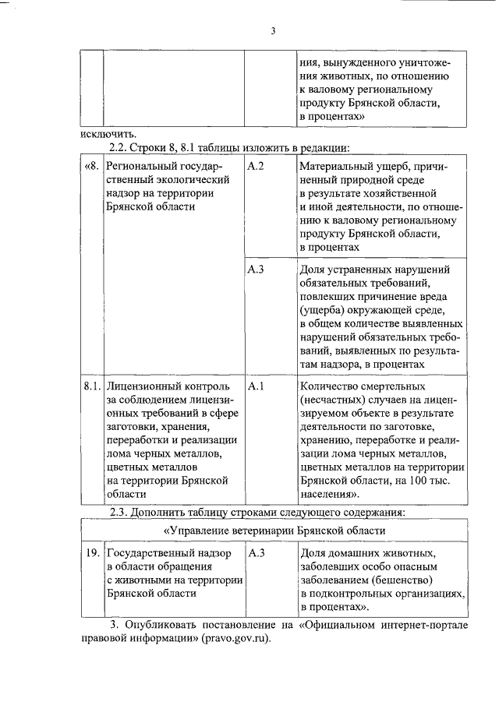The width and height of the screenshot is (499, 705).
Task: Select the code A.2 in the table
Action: click(x=256, y=166)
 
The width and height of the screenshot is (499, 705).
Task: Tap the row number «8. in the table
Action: click(x=92, y=166)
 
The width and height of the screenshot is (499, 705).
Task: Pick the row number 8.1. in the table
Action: click(x=92, y=386)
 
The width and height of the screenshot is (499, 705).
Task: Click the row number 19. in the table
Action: click(x=92, y=552)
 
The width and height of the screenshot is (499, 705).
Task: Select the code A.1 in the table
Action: click(x=256, y=386)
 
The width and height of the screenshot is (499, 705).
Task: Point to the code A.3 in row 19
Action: click(x=256, y=552)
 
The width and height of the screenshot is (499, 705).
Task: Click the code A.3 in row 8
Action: click(x=256, y=269)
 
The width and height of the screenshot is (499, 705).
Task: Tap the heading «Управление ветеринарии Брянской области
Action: click(x=274, y=531)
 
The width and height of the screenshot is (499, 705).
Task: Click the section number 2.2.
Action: click(x=123, y=147)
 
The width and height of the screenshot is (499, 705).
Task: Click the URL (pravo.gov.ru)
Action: click(x=233, y=638)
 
